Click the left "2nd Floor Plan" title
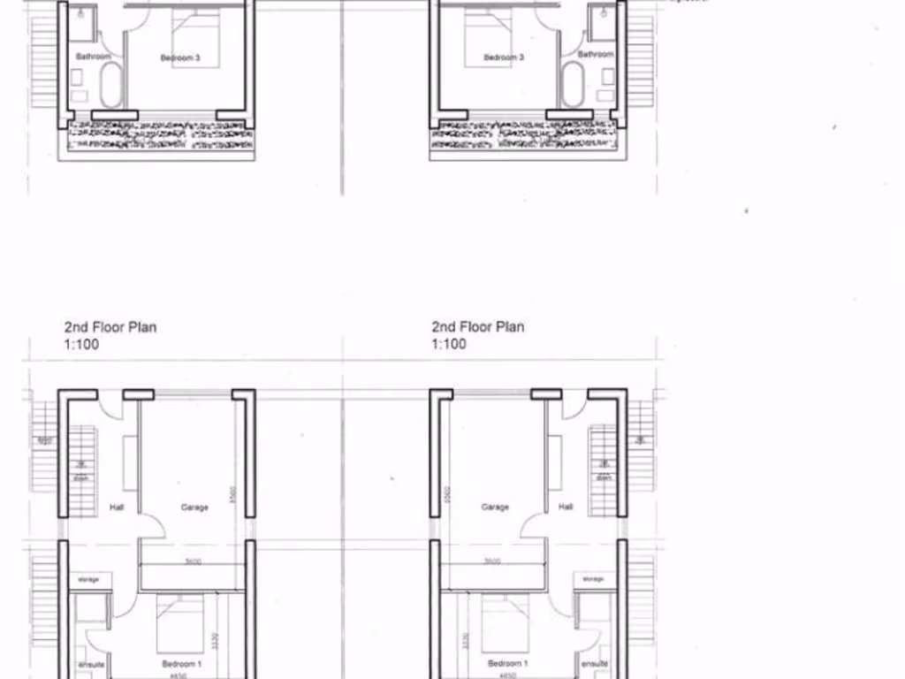coord(110,327)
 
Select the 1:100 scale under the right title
coord(449,344)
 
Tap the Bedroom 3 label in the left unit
coord(179,58)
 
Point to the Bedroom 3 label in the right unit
coord(504,58)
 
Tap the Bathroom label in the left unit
coord(93,57)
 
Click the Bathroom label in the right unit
coord(595,55)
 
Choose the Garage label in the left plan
coord(194,507)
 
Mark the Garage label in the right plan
coord(495,507)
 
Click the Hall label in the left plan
coord(117,507)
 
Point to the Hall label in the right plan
coord(566,507)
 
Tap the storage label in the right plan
coord(594,580)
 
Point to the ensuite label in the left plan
coord(91,663)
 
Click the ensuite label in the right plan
coord(594,663)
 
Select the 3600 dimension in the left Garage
coord(193,561)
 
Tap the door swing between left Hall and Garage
coord(154,527)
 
